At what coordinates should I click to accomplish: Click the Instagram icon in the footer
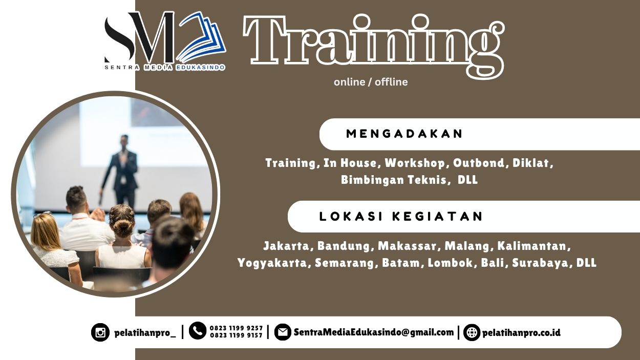[x=100, y=333]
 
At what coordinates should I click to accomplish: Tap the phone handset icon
[x=198, y=331]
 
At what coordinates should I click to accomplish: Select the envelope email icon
[x=282, y=332]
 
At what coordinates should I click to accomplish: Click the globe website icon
[x=472, y=333]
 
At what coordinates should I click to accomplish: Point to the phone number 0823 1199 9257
[x=236, y=328]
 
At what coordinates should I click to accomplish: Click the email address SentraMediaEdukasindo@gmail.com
[x=374, y=332]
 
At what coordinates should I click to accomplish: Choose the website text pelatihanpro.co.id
[x=521, y=333]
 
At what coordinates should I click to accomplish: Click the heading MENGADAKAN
[x=404, y=134]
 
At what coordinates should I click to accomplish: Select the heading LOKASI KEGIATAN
[x=401, y=217]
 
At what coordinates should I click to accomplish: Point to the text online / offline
[x=371, y=82]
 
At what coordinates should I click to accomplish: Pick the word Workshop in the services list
[x=415, y=163]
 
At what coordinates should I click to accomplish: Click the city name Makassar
[x=408, y=246]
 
